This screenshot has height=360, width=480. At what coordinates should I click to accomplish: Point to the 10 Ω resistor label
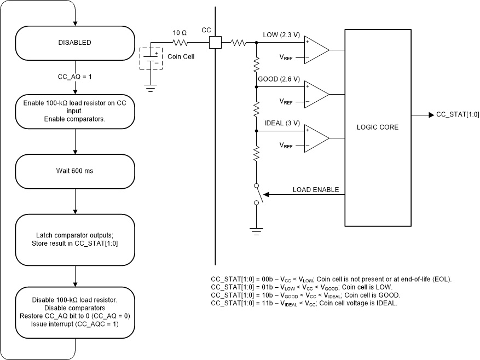180,33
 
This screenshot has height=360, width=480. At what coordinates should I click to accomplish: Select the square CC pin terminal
215,43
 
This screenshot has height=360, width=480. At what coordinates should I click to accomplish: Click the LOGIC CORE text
377,127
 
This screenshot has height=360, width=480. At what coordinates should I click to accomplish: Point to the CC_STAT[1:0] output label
457,115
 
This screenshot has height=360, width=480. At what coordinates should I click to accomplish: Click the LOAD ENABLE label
316,190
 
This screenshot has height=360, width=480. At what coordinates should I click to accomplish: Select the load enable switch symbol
258,194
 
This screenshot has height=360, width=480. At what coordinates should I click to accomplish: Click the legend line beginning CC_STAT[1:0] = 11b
304,303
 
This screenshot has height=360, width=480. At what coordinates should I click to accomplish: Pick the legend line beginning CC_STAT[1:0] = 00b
331,280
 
